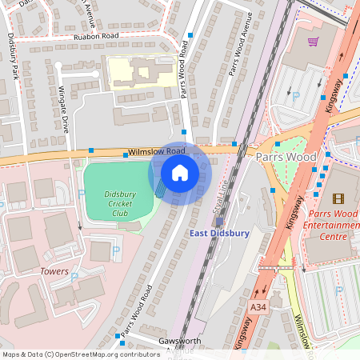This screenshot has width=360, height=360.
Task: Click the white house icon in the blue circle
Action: pos(180,173)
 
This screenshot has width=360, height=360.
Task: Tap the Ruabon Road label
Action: pos(95,37)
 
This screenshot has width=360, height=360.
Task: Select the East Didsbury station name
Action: pos(219,234)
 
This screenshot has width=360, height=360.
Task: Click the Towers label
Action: pos(54,272)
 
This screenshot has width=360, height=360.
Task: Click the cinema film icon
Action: pos(337,198)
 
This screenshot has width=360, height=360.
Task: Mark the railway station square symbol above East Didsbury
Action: pos(220,220)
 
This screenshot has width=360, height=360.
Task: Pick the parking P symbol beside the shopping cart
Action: pos(295,96)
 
